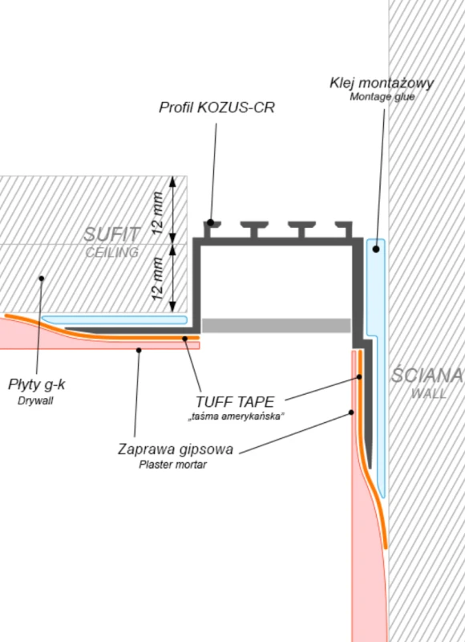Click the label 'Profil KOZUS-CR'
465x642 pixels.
click(216, 108)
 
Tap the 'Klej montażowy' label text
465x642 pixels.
click(382, 83)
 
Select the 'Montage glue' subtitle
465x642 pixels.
click(382, 97)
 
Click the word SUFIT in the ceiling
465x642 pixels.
click(112, 234)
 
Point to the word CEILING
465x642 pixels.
click(112, 252)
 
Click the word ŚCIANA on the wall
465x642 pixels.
click(427, 375)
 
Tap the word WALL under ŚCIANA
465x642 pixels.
click(429, 393)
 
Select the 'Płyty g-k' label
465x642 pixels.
click(36, 385)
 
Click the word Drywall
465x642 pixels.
click(35, 400)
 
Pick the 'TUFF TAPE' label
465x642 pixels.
click(235, 402)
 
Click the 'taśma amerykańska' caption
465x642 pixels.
click(236, 416)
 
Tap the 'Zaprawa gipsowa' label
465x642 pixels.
click(176, 449)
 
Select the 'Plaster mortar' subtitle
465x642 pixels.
click(172, 465)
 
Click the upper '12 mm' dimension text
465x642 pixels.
click(157, 213)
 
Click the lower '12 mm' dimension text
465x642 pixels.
click(157, 278)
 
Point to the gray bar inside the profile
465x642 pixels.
click(277, 326)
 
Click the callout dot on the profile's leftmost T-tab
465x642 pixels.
click(210, 222)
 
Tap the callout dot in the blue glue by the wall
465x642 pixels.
click(376, 249)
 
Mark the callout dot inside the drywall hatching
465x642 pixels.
click(42, 278)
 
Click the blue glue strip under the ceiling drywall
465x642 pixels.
click(115, 319)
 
